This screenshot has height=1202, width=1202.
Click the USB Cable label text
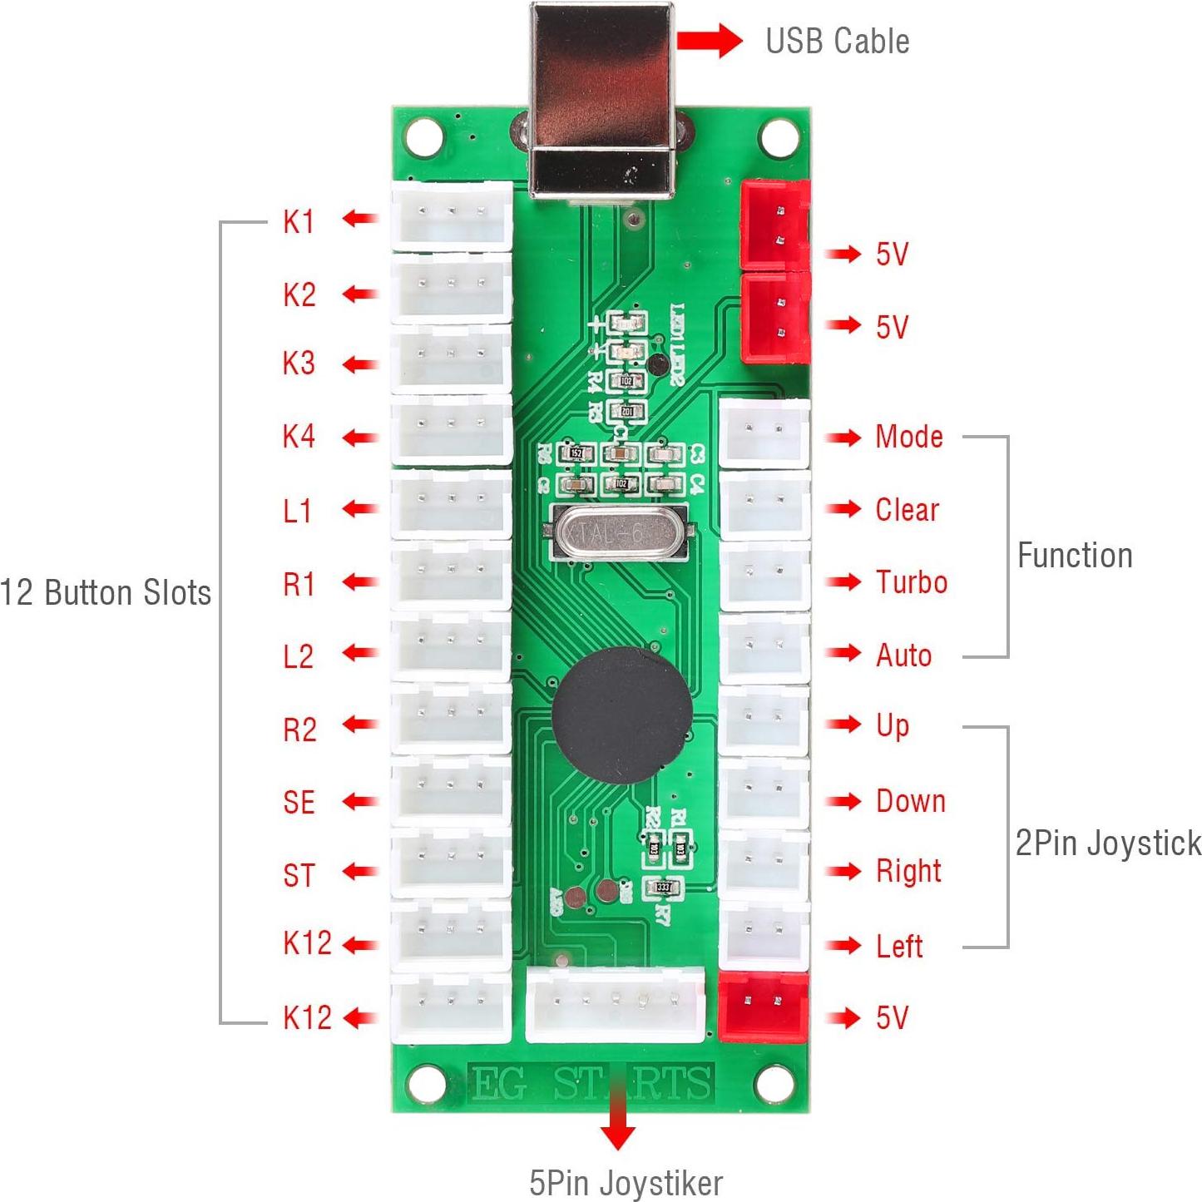click(x=836, y=42)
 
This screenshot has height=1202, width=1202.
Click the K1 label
click(x=299, y=221)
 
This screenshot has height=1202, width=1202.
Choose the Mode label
click(x=908, y=437)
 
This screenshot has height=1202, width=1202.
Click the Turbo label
click(x=911, y=582)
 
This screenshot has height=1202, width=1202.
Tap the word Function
click(x=1074, y=556)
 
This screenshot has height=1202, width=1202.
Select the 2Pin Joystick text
click(x=1107, y=843)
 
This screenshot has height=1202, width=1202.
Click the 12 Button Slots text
click(x=106, y=593)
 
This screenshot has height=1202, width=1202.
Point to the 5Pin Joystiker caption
click(x=626, y=1182)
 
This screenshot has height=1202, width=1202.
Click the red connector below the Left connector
click(x=763, y=1007)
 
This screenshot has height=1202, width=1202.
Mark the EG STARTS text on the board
click(x=591, y=1084)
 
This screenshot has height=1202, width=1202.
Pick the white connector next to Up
click(x=764, y=720)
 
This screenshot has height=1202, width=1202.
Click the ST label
click(x=299, y=875)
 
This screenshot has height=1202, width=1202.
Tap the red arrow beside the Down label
click(x=843, y=801)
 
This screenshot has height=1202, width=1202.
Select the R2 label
click(x=299, y=730)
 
